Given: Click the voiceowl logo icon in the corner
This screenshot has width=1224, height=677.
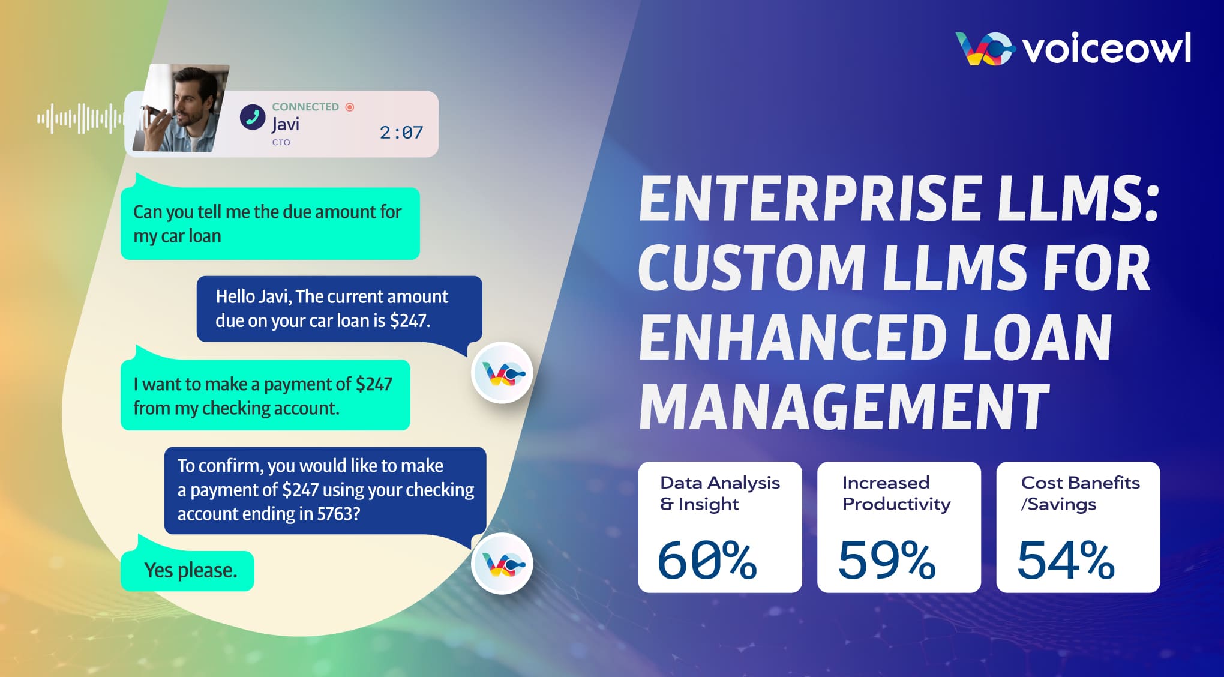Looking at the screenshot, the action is (985, 49).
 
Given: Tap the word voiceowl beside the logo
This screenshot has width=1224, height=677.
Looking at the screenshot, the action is (1107, 49).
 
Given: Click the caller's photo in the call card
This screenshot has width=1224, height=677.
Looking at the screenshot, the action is (182, 108).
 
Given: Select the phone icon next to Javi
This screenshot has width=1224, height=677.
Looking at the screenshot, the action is (253, 117).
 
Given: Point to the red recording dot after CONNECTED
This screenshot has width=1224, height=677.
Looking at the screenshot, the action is (350, 107).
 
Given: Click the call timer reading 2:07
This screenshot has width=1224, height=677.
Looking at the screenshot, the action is (401, 132).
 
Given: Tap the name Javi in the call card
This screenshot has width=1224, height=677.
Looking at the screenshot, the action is (286, 124).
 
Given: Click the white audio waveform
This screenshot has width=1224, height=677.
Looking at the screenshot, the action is (80, 118).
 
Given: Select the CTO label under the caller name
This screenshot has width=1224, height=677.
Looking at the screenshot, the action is (281, 142).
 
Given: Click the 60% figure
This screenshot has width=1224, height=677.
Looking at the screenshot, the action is (707, 559).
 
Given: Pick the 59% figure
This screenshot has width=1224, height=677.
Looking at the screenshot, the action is (886, 559).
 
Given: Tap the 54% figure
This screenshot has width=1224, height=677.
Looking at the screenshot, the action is (1066, 559).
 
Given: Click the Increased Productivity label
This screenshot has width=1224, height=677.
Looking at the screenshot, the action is (896, 493).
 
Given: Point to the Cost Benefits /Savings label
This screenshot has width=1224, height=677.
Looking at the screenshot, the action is (1080, 493).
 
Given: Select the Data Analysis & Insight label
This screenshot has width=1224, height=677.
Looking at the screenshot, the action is (720, 493).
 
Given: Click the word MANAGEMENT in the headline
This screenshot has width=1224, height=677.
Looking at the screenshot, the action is (844, 407).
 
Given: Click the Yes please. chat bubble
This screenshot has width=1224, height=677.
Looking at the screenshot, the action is (188, 570).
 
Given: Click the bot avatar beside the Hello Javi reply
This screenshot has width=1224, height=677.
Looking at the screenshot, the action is (502, 373).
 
